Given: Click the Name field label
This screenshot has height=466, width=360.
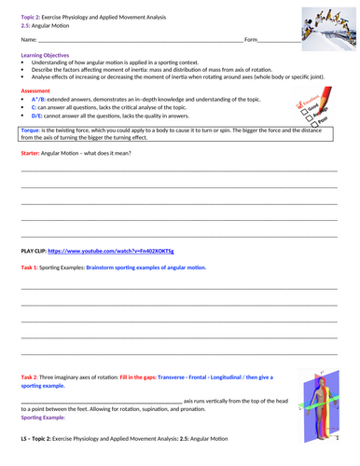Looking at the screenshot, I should click(x=28, y=39).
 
